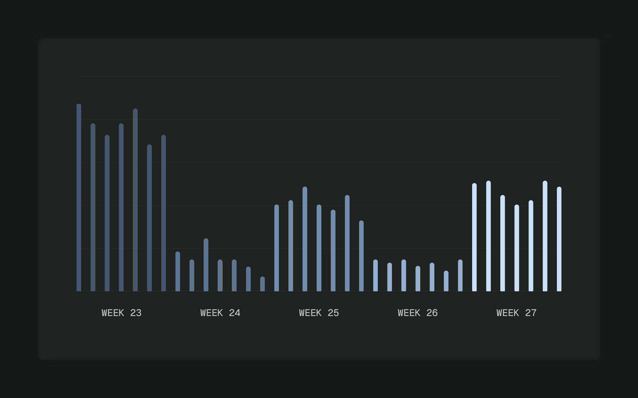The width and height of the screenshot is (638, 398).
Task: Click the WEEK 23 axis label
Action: tap(121, 313)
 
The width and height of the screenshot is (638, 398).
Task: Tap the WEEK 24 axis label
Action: tap(220, 313)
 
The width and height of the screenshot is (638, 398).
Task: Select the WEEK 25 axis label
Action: tap(319, 313)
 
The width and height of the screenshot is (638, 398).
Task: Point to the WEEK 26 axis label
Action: tap(418, 313)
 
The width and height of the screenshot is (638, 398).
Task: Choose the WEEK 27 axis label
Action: tap(516, 313)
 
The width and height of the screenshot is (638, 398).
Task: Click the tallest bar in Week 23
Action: tap(79, 198)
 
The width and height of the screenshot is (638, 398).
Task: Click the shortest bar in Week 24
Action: tap(262, 284)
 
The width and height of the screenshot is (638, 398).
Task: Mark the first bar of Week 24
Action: tap(178, 271)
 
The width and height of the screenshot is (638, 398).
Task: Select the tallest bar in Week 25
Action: tap(305, 239)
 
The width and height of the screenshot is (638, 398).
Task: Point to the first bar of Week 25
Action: tap(277, 248)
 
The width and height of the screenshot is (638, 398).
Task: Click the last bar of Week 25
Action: tap(361, 256)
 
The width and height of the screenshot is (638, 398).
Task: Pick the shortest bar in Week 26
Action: tap(446, 281)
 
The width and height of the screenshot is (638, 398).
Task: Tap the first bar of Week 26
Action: tap(375, 275)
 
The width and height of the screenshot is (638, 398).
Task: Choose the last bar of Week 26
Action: tap(460, 275)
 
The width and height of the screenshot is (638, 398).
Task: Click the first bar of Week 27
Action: tap(474, 237)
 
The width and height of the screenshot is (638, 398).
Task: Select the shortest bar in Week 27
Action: tap(517, 248)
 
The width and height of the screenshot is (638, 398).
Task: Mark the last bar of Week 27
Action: tap(559, 239)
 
